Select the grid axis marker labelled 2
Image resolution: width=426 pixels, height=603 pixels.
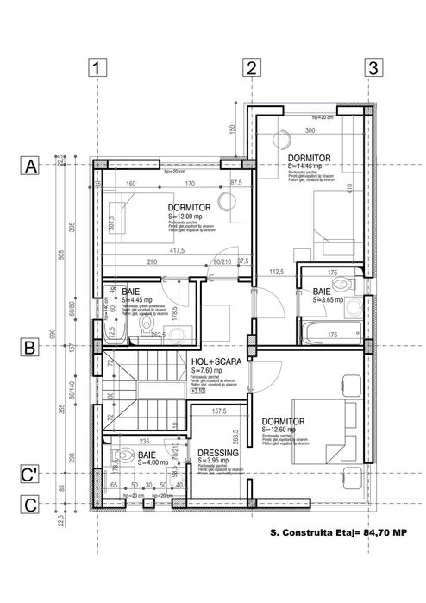coord(250,67)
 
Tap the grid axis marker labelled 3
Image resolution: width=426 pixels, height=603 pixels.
coord(373,67)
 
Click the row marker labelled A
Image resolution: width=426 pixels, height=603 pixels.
coord(31,166)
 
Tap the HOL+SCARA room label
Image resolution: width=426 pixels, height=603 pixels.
coord(211,362)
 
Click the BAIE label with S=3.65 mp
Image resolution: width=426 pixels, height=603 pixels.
coord(321,292)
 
